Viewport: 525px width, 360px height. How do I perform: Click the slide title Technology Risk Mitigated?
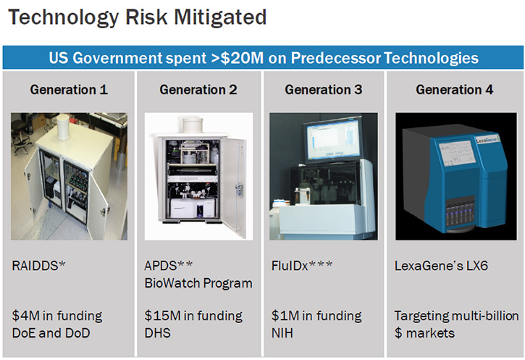(x=138, y=17)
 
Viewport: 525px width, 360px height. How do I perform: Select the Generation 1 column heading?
(x=69, y=90)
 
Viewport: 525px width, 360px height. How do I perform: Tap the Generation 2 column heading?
(x=198, y=90)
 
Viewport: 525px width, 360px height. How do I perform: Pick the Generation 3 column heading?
(x=324, y=90)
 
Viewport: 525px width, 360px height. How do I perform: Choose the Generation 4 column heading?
(x=454, y=90)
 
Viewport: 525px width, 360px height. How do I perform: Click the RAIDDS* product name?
(x=38, y=266)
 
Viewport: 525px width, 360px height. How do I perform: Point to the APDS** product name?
(x=169, y=266)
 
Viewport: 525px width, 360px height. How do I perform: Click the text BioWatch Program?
(x=198, y=283)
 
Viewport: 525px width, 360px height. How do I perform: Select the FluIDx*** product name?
(x=302, y=266)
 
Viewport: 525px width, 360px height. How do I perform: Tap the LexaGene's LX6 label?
(x=441, y=266)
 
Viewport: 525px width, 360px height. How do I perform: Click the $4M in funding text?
(x=57, y=316)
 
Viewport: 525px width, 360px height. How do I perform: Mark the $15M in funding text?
(x=193, y=316)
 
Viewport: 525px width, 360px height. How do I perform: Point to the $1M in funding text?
(x=316, y=316)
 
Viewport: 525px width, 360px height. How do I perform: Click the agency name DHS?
(x=157, y=333)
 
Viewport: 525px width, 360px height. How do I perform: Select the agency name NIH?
(x=282, y=333)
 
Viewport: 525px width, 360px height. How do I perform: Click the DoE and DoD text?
(x=51, y=333)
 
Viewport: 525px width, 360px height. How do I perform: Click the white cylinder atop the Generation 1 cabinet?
(x=63, y=127)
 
